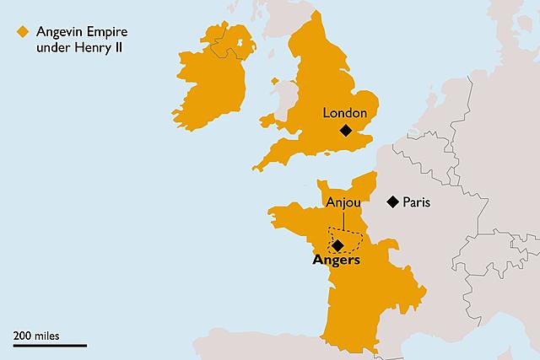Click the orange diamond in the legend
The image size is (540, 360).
click(21, 32)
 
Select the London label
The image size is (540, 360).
click(345, 112)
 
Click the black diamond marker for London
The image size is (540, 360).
click(345, 130)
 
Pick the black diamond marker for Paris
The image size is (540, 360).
click(392, 201)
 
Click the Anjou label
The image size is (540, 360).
click(343, 202)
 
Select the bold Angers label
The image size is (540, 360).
click(336, 261)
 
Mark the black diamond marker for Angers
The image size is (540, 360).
click(337, 245)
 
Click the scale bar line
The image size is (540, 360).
click(49, 345)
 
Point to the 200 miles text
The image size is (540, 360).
click(36, 335)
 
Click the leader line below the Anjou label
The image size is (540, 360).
click(343, 220)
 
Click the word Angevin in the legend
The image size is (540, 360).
click(56, 32)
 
